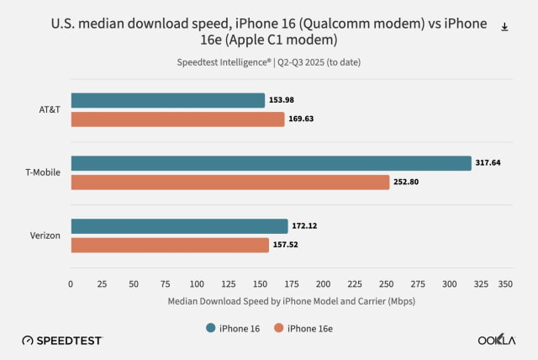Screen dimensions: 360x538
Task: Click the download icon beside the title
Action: [504, 27]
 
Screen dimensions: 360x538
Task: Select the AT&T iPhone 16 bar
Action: [167, 101]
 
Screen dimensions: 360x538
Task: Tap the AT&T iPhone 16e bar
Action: [177, 119]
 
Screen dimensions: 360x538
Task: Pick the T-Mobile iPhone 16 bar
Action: [271, 163]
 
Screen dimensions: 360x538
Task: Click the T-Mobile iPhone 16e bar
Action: [229, 182]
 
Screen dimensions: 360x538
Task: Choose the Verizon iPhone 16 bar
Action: [179, 226]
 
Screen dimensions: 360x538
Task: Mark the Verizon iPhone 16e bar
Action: [170, 245]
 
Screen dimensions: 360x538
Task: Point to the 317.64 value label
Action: [488, 163]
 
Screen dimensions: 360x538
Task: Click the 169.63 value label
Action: [302, 119]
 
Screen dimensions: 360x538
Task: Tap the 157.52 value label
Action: [287, 245]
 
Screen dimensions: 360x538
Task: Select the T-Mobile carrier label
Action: [42, 172]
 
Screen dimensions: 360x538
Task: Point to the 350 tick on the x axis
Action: [505, 284]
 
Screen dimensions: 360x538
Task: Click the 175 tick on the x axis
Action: [292, 284]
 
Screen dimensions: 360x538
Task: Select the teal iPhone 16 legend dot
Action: [211, 327]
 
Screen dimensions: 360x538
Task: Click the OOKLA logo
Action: [496, 341]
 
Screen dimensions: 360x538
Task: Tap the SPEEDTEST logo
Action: [62, 341]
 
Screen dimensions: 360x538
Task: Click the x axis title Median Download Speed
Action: [291, 300]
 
